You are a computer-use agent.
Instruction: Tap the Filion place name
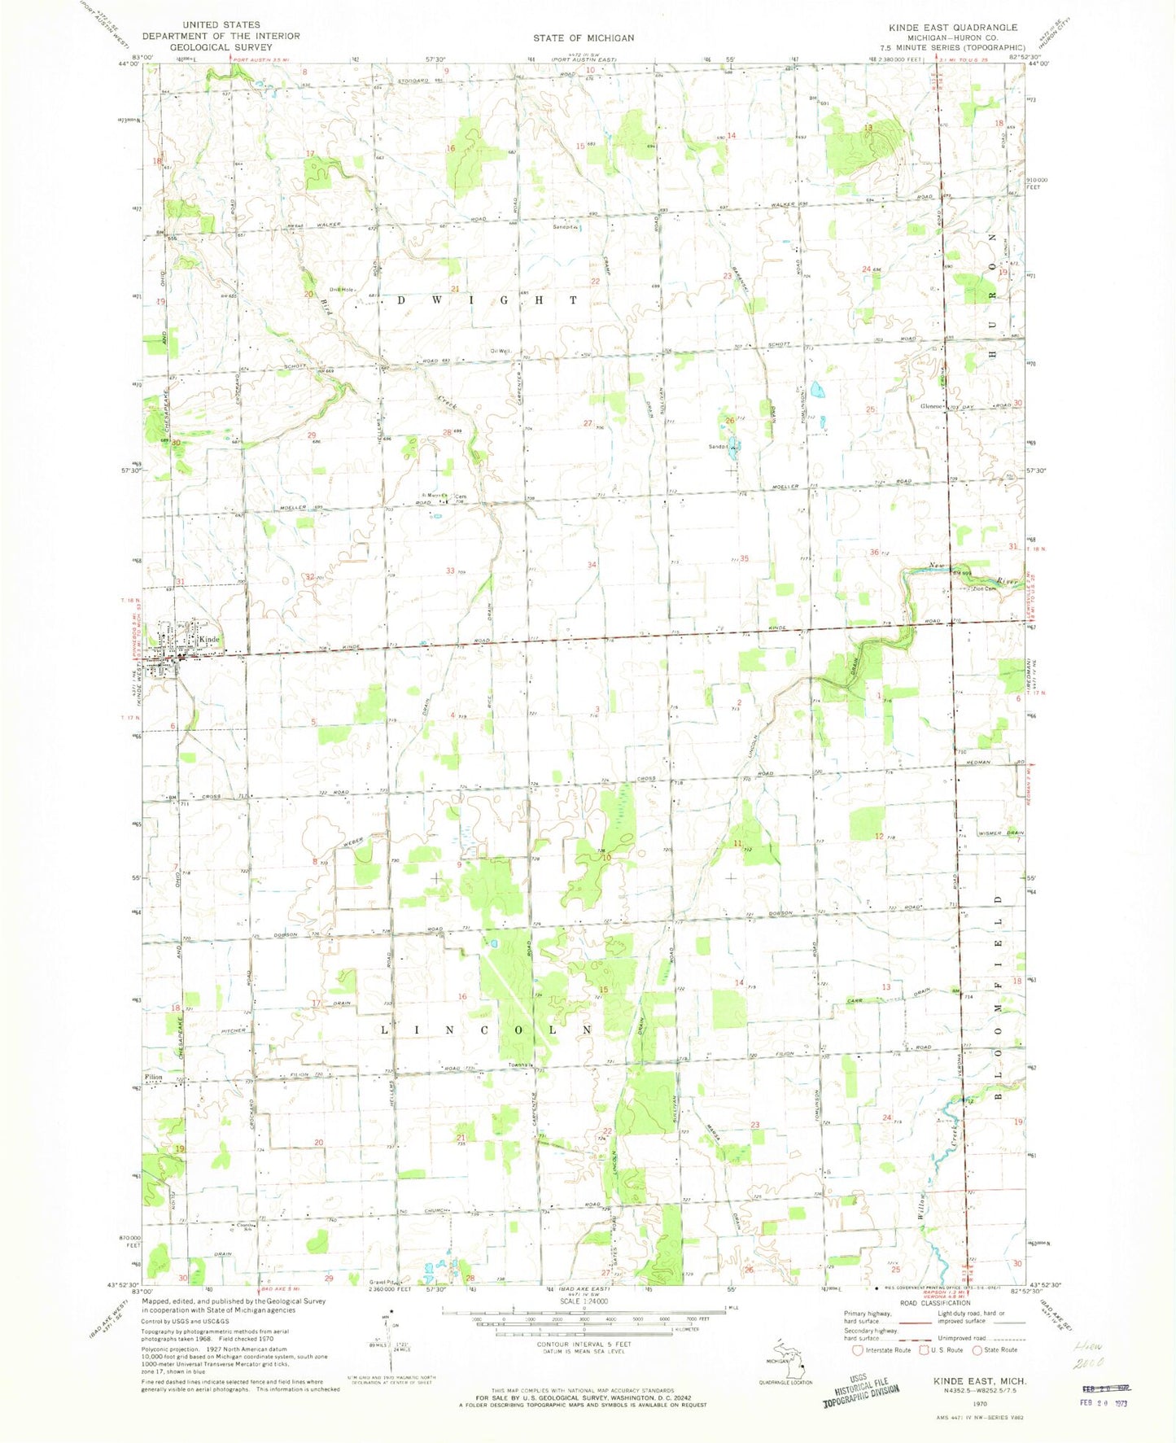point(155,1077)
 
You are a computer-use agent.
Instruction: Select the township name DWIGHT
point(487,300)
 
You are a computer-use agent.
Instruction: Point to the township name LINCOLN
point(487,1030)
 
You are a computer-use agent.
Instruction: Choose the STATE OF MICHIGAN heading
point(584,37)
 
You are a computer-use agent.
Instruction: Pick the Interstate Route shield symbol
point(857,1350)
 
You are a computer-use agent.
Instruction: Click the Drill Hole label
point(339,290)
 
